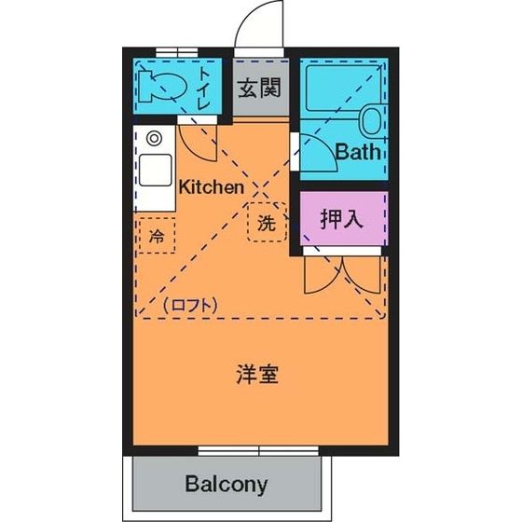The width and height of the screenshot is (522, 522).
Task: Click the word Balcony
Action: [x=226, y=485]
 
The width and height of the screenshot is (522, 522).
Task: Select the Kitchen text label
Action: [x=212, y=186]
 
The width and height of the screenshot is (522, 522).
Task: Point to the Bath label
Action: [x=358, y=152]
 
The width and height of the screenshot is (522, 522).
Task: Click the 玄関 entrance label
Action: [x=258, y=89]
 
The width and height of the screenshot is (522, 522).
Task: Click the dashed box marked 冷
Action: [x=156, y=235]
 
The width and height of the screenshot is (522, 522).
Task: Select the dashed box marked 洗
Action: [x=267, y=224]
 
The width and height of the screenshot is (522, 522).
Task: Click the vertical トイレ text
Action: [x=204, y=91]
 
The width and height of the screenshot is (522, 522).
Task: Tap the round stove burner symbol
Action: [x=154, y=139]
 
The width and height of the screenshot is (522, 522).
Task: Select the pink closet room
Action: [x=341, y=222]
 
